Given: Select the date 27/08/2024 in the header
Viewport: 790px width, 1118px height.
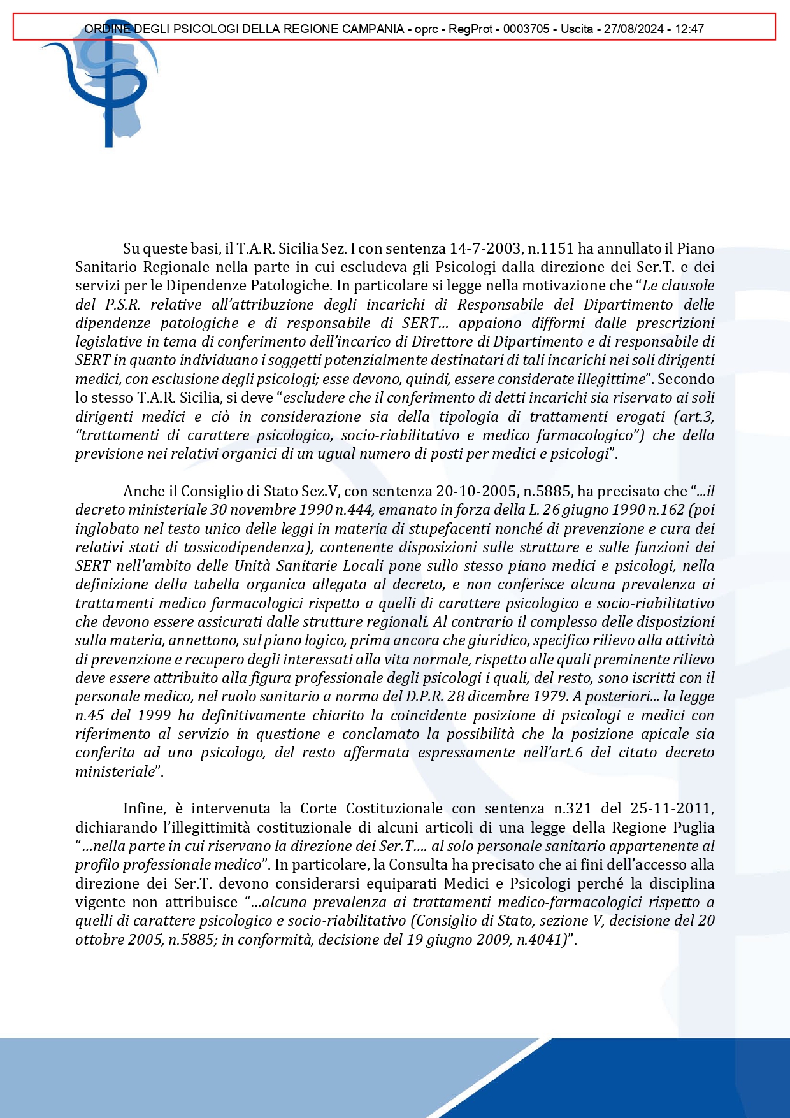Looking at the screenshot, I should [x=627, y=29].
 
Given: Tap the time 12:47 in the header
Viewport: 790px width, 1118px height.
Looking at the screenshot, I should [x=690, y=29].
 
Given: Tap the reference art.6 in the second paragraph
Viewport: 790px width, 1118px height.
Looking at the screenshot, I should [x=567, y=752].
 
